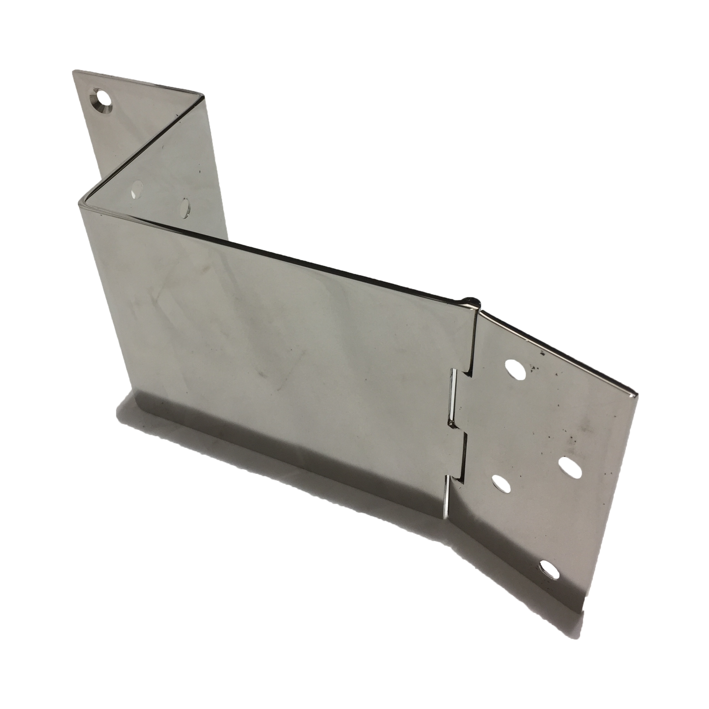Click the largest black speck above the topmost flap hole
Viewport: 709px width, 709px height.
point(543,353)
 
